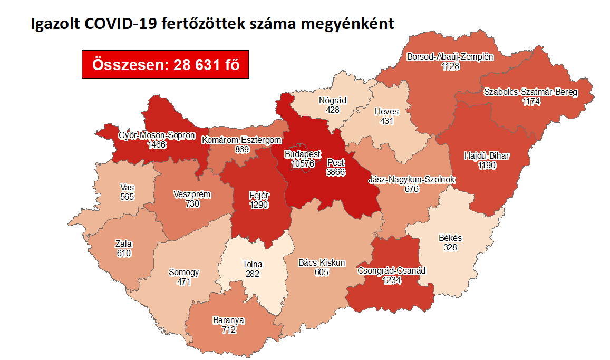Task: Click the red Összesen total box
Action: pyautogui.click(x=165, y=64)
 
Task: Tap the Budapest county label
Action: pyautogui.click(x=302, y=154)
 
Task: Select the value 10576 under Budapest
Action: pyautogui.click(x=303, y=163)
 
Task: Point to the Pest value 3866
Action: pyautogui.click(x=335, y=171)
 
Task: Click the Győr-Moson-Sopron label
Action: pyautogui.click(x=157, y=135)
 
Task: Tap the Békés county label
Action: pyautogui.click(x=450, y=238)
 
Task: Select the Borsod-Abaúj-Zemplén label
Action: pyautogui.click(x=450, y=57)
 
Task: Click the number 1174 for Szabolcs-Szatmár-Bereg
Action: pyautogui.click(x=531, y=102)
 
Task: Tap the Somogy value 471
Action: pyautogui.click(x=183, y=282)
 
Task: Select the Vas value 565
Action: pyautogui.click(x=127, y=197)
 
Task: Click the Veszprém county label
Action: pyautogui.click(x=192, y=194)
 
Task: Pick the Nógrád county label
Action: pyautogui.click(x=332, y=100)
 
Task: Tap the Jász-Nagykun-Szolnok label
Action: pyautogui.click(x=411, y=180)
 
